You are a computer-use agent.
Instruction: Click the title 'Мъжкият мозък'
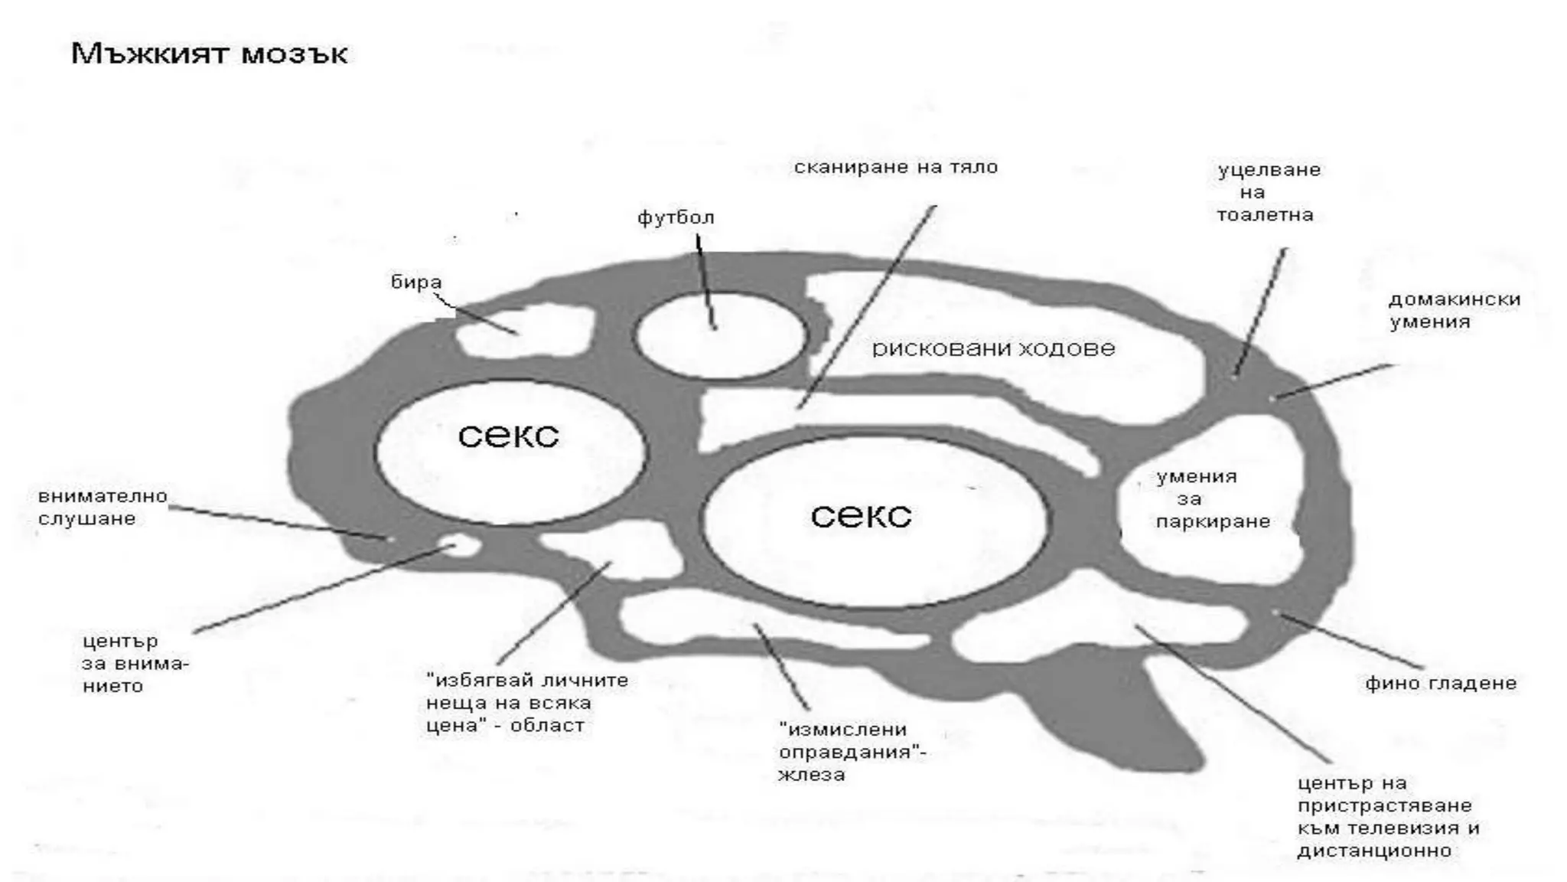[x=209, y=54]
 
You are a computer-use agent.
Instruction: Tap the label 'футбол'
[x=676, y=218]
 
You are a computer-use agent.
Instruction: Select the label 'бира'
[x=416, y=283]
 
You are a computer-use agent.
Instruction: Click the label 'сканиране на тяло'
[x=895, y=168]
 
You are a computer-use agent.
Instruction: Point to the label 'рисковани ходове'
[x=993, y=349]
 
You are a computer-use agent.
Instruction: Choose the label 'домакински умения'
[x=1454, y=310]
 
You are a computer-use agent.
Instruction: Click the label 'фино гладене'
[x=1440, y=683]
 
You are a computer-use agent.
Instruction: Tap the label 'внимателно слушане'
[x=103, y=507]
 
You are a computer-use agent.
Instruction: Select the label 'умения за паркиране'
[x=1212, y=499]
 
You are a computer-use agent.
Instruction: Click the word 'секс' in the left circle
[x=509, y=436]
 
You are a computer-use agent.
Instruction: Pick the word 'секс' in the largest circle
[x=861, y=515]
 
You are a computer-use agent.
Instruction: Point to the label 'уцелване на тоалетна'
[x=1268, y=192]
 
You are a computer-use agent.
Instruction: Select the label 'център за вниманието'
[x=135, y=663]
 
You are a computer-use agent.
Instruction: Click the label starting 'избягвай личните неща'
[x=526, y=702]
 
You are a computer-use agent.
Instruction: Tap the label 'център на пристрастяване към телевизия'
[x=1387, y=816]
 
